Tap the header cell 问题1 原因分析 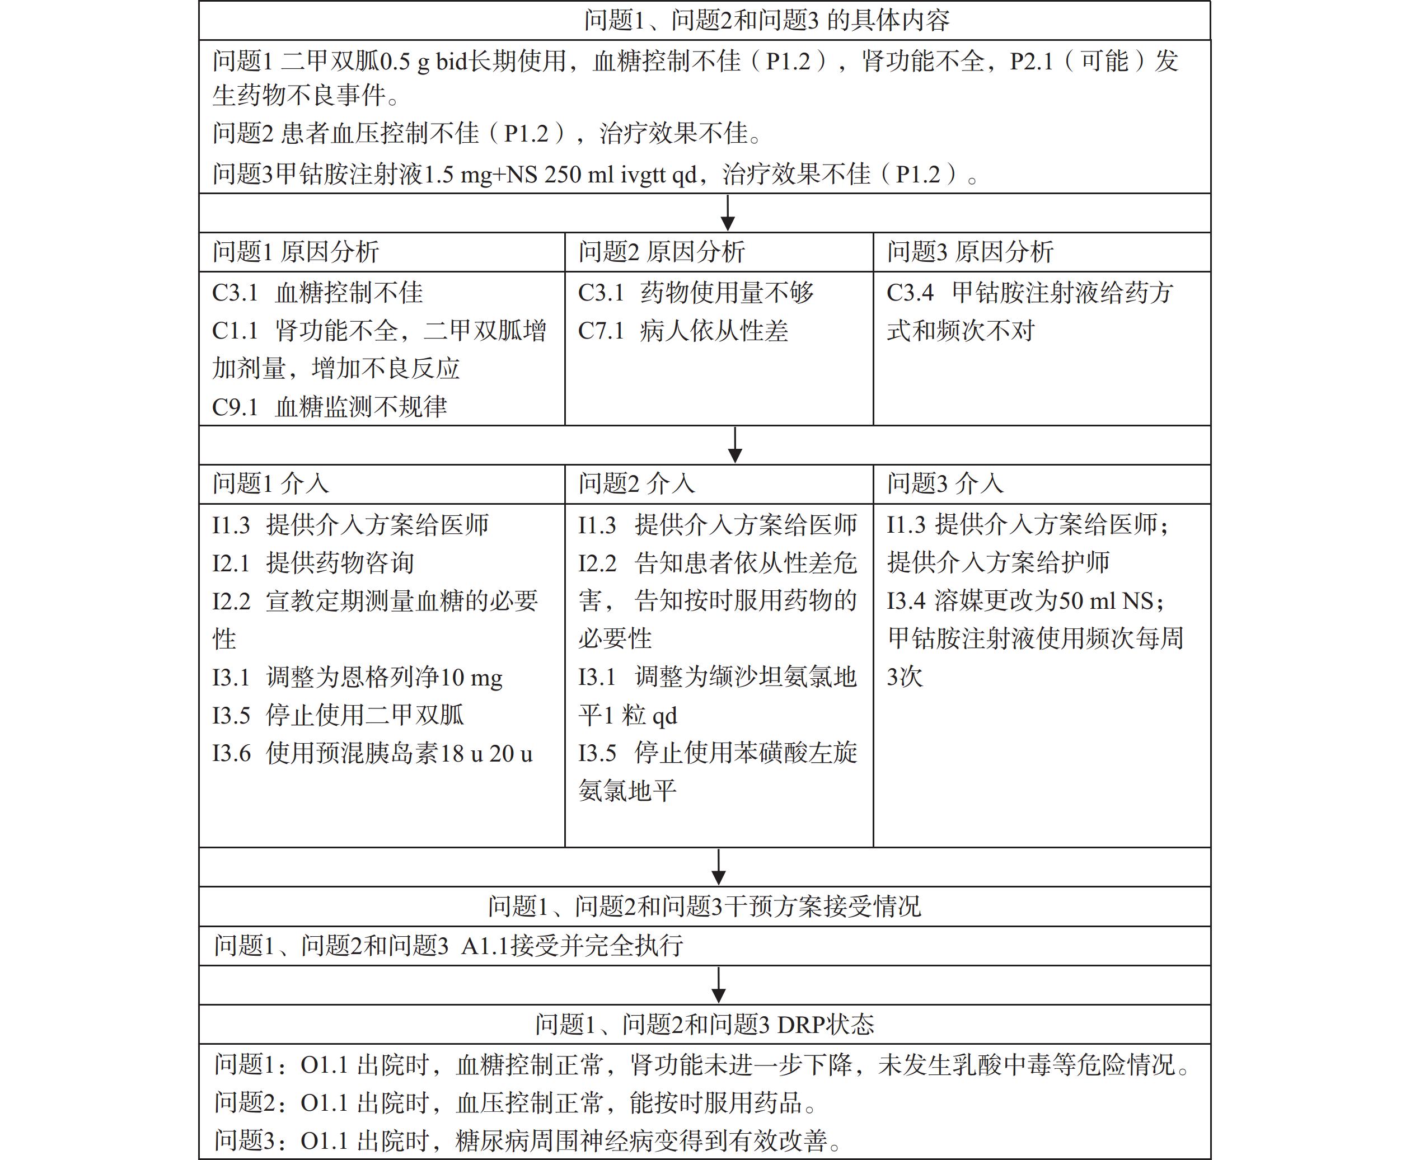coord(296,252)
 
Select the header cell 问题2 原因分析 coord(661,252)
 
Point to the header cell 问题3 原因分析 coord(969,252)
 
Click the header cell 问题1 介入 coord(271,483)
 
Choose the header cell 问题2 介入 coord(636,483)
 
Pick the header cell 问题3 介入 coord(945,483)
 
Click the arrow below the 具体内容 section coord(728,213)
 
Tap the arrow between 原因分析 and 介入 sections coord(734,445)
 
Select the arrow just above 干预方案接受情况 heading coord(718,867)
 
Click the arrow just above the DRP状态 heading coord(718,985)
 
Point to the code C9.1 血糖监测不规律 coord(330,406)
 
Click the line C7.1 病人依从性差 coord(683,331)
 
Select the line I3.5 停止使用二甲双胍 coord(338,715)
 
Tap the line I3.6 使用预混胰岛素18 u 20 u coord(372,753)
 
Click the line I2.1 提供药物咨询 coord(313,562)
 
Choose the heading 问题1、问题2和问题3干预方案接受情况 coord(704,907)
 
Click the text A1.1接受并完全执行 coord(572,946)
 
